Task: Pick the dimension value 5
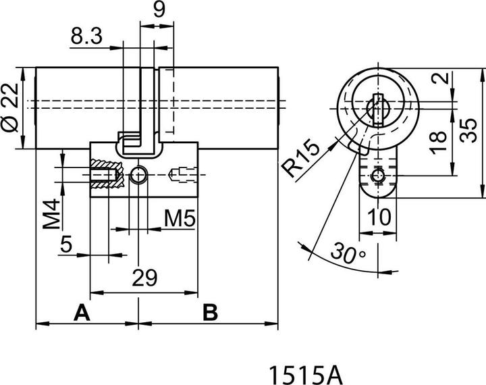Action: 65,244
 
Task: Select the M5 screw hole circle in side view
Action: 139,176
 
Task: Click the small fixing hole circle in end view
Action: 379,176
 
